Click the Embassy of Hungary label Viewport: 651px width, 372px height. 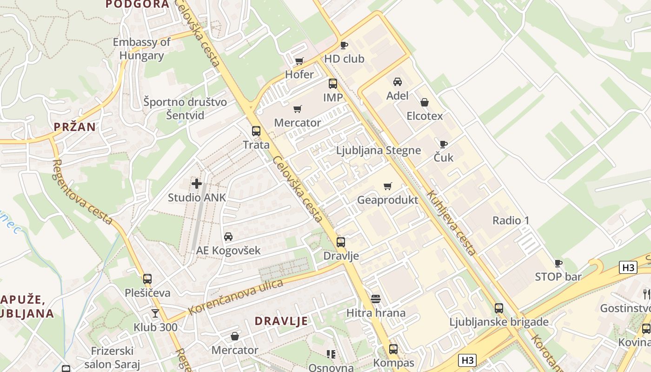142,49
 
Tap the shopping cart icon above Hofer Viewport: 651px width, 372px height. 299,61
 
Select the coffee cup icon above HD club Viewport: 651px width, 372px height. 344,45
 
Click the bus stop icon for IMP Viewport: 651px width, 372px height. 333,84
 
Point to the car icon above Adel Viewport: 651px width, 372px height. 398,82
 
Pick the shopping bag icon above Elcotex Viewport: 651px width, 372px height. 425,102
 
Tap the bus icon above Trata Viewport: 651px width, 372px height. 256,131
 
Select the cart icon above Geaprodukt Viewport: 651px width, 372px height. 388,186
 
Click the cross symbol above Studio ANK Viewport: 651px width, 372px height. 197,184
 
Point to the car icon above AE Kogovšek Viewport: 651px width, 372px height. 228,237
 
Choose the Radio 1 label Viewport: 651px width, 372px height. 511,220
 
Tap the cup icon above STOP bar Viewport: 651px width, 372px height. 558,263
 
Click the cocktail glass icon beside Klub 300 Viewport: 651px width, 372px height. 155,313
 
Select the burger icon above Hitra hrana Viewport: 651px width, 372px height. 376,299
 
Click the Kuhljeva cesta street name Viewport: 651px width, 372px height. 451,223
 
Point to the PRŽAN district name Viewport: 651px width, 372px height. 74,126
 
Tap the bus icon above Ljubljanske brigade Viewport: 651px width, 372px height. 499,308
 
